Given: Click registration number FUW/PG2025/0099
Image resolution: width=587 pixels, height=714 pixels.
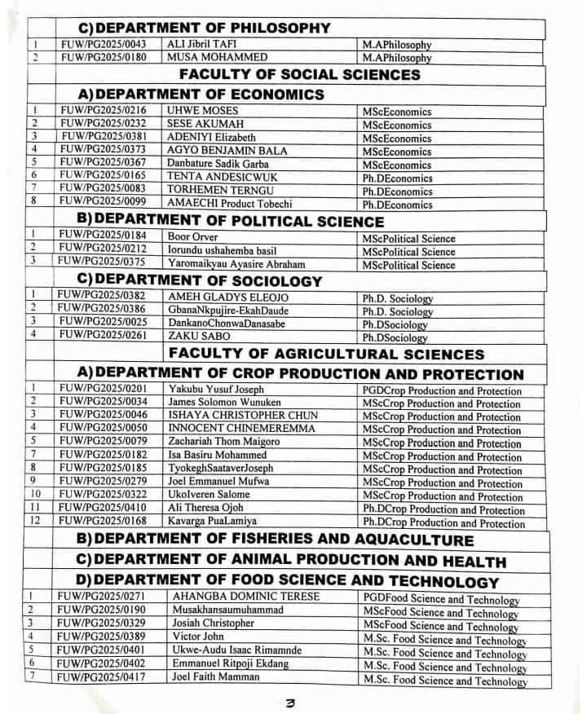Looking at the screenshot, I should [104, 204].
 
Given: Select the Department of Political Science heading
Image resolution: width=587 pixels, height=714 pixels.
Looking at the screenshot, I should [229, 221].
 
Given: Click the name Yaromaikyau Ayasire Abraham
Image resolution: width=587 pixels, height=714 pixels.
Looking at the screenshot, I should [236, 264].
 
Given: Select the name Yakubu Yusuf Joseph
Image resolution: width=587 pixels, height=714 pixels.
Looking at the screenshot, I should [215, 390].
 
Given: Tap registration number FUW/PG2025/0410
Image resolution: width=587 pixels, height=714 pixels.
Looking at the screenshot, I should [104, 509].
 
